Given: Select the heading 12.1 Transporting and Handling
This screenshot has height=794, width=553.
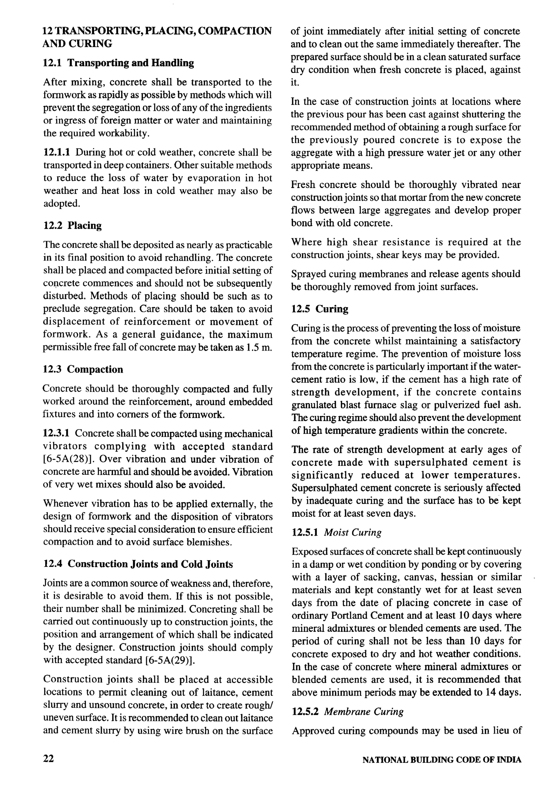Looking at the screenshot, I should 118,63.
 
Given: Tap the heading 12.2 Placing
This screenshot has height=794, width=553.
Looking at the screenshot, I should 72,226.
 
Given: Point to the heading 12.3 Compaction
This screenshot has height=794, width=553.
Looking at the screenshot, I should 83,369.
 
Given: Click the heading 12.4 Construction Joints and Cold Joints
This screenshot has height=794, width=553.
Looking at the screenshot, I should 138,564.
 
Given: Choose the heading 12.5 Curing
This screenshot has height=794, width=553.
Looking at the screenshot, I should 319,309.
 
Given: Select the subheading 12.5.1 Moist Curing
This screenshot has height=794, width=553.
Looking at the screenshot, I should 336,532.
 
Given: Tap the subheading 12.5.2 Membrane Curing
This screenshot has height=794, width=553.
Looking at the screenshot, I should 347,711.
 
